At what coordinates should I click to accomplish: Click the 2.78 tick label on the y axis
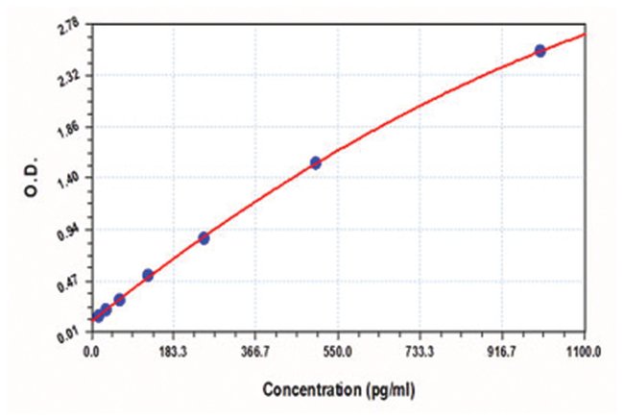pyautogui.click(x=68, y=29)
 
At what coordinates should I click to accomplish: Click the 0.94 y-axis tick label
pyautogui.click(x=68, y=229)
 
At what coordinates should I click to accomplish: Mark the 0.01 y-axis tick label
pyautogui.click(x=68, y=333)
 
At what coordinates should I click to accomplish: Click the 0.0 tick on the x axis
pyautogui.click(x=91, y=352)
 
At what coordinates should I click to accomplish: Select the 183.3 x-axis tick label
pyautogui.click(x=174, y=352)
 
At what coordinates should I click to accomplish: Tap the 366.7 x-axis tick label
pyautogui.click(x=255, y=352)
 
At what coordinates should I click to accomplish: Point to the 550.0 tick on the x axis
pyautogui.click(x=338, y=352)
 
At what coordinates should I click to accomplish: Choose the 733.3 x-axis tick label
pyautogui.click(x=420, y=352)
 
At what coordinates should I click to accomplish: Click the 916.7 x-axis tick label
pyautogui.click(x=502, y=352)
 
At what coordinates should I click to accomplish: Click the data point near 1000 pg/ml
pyautogui.click(x=540, y=50)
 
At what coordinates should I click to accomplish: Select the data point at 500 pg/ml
pyautogui.click(x=316, y=162)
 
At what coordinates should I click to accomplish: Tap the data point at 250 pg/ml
pyautogui.click(x=204, y=237)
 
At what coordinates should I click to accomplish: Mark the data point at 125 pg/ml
pyautogui.click(x=148, y=275)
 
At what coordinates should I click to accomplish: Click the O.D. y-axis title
pyautogui.click(x=31, y=181)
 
